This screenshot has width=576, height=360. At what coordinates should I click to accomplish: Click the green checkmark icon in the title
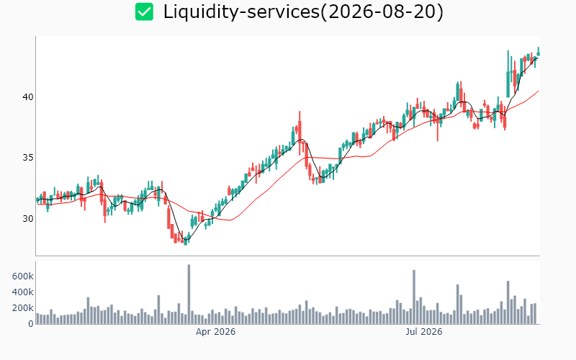pyautogui.click(x=144, y=12)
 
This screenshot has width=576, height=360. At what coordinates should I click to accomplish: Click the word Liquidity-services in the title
pyautogui.click(x=241, y=12)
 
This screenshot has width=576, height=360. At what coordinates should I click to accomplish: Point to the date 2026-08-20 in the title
pyautogui.click(x=382, y=12)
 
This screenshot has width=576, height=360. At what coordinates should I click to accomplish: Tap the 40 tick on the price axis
pyautogui.click(x=28, y=97)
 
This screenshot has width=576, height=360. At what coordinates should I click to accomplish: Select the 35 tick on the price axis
pyautogui.click(x=28, y=158)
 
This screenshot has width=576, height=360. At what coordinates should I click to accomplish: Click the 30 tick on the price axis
pyautogui.click(x=28, y=219)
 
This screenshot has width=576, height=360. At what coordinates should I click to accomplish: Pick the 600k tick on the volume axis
pyautogui.click(x=23, y=276)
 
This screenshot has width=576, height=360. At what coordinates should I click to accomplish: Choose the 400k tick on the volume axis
pyautogui.click(x=23, y=292)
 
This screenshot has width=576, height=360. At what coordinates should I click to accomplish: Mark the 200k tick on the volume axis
pyautogui.click(x=23, y=308)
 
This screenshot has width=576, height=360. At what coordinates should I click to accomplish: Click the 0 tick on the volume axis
pyautogui.click(x=31, y=324)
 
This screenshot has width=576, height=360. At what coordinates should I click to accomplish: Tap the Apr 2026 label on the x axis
pyautogui.click(x=215, y=332)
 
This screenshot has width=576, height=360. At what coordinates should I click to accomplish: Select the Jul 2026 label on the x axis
pyautogui.click(x=424, y=332)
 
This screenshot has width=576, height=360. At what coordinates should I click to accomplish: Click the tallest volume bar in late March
pyautogui.click(x=189, y=294)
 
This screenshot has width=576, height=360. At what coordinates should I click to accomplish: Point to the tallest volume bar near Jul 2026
pyautogui.click(x=414, y=297)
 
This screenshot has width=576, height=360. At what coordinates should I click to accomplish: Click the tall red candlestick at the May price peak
pyautogui.click(x=300, y=132)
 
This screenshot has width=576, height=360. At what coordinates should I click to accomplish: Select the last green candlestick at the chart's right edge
pyautogui.click(x=539, y=51)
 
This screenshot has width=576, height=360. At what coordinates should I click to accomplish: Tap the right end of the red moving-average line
pyautogui.click(x=539, y=91)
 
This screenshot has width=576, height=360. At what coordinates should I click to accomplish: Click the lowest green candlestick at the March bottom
pyautogui.click(x=186, y=241)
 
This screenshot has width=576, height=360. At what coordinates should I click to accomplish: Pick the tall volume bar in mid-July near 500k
pyautogui.click(x=458, y=304)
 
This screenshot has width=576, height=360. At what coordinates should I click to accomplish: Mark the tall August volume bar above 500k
pyautogui.click(x=508, y=302)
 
